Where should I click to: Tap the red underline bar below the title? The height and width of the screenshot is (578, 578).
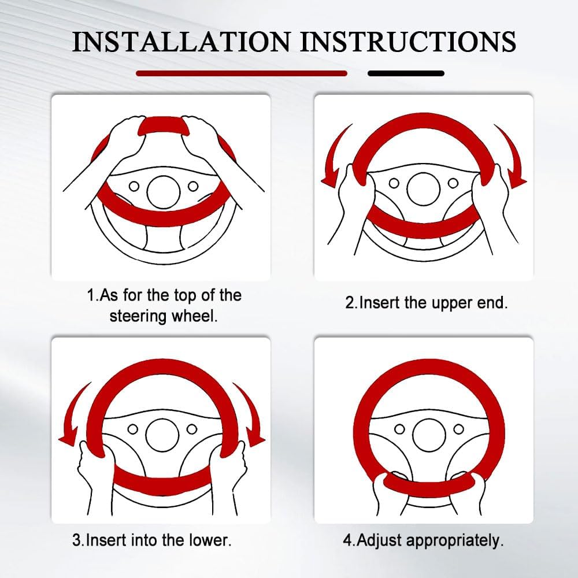point(242,73)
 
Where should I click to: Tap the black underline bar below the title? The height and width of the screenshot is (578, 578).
point(406,73)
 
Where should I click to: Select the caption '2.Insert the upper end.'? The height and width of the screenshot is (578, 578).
point(427,303)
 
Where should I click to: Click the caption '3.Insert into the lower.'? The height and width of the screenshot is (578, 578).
point(152,540)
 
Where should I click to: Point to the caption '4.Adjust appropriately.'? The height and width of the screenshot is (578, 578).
point(423,541)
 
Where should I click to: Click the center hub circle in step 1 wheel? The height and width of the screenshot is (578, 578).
point(164,192)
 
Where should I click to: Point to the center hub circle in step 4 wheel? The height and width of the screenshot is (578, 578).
point(429,435)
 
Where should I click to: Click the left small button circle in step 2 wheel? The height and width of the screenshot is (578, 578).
point(394,183)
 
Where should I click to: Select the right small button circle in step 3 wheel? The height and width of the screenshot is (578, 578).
point(192,429)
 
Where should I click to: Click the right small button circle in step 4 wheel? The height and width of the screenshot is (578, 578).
point(458,429)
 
